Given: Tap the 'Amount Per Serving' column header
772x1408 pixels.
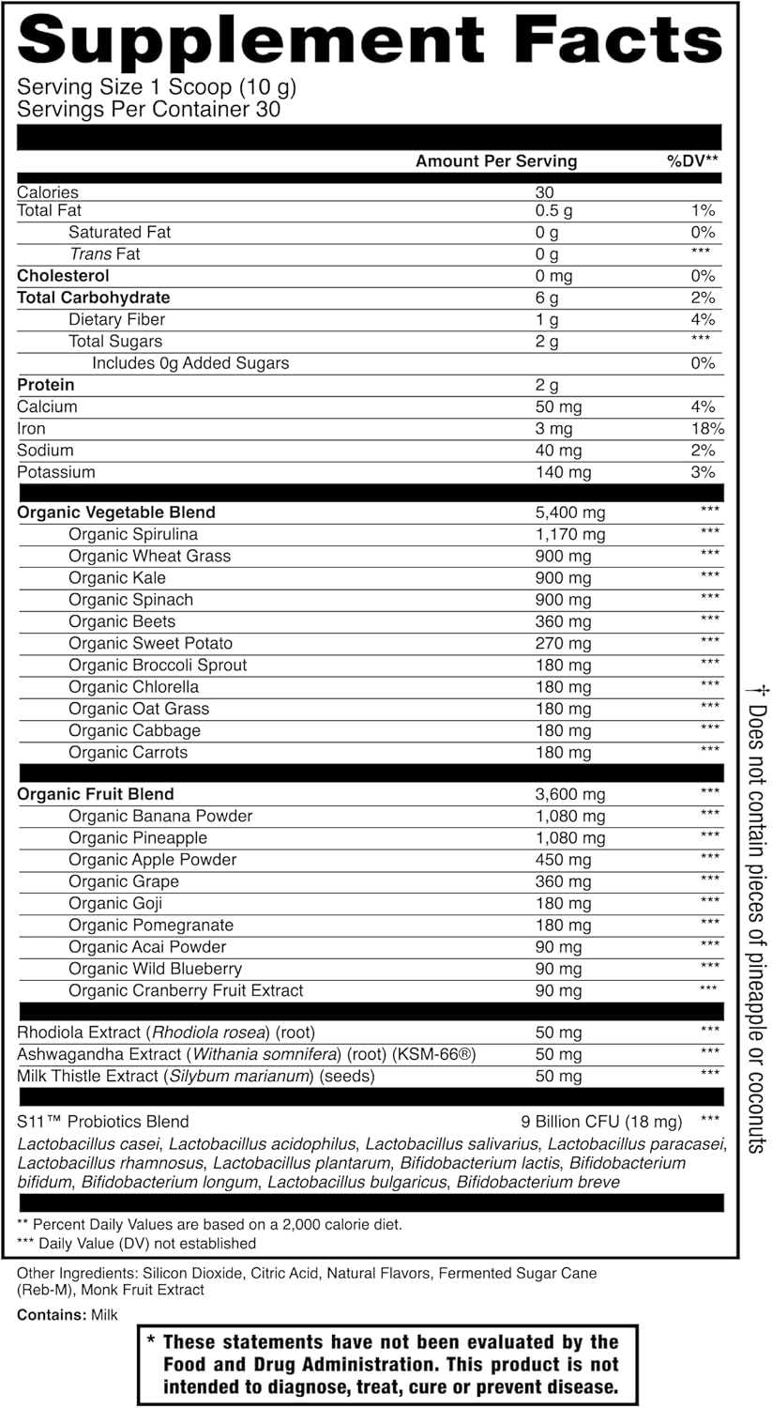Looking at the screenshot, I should click(x=496, y=161).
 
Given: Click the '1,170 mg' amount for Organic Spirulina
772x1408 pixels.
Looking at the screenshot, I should click(x=569, y=535).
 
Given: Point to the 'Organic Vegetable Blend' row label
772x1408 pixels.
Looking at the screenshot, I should click(x=116, y=513).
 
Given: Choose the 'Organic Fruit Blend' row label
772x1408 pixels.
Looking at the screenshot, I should click(x=96, y=794).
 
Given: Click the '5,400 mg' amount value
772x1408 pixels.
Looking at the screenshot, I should click(x=569, y=513).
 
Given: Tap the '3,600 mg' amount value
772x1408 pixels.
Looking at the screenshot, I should click(x=569, y=794).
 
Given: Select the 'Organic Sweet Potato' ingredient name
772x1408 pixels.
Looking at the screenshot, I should click(x=150, y=644).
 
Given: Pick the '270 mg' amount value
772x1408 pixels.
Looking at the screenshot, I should click(x=563, y=644).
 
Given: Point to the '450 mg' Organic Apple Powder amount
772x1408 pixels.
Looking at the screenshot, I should click(x=563, y=860).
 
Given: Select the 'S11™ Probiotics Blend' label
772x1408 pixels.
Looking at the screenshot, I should click(x=103, y=1122).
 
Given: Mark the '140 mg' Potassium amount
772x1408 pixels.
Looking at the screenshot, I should click(x=563, y=472).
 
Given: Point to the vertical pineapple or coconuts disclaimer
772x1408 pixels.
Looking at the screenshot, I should click(x=757, y=920).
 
